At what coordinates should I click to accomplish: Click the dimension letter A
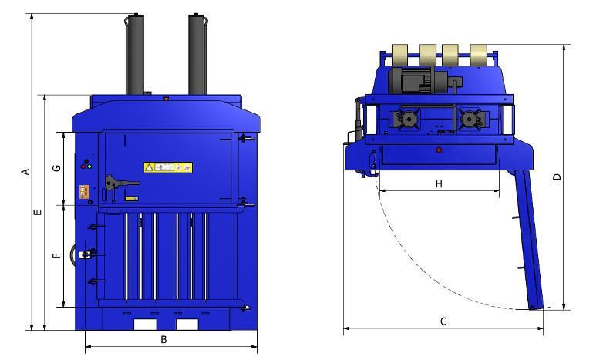click(x=25, y=172)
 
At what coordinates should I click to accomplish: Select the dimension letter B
click(x=163, y=340)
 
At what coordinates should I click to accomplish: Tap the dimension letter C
click(x=443, y=321)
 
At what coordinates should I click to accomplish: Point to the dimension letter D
click(x=557, y=177)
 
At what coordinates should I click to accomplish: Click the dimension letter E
click(x=38, y=213)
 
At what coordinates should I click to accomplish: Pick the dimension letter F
click(x=56, y=256)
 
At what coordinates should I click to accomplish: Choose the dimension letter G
click(x=56, y=167)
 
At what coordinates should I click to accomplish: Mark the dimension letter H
click(x=439, y=183)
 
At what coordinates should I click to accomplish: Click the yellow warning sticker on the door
click(x=168, y=167)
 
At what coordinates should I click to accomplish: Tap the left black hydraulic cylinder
click(x=134, y=54)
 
